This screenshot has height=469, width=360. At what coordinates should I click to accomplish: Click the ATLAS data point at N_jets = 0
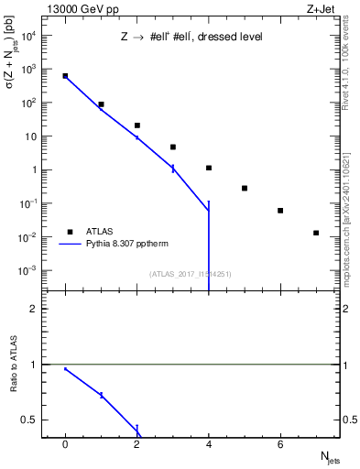pos(65,76)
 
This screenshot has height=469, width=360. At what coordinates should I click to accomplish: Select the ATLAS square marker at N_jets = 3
pos(173,147)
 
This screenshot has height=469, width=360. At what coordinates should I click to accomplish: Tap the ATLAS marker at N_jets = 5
pos(245,188)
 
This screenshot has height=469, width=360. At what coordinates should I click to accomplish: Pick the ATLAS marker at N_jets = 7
pos(316,233)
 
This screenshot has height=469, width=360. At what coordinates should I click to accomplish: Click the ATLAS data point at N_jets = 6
pos(280,211)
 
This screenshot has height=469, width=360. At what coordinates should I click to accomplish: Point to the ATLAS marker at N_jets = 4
pos(209,168)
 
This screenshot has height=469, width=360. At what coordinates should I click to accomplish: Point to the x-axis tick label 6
pos(280,444)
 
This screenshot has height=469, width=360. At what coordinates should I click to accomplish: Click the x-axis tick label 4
pos(209,444)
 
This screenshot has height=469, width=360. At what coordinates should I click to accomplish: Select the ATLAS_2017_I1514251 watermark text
pos(190,273)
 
